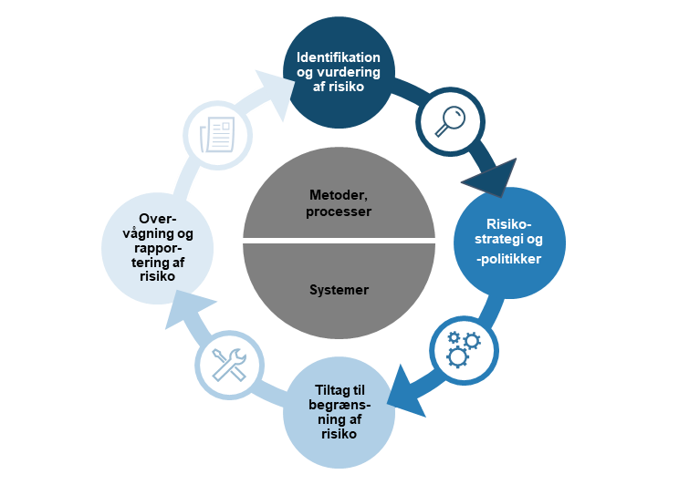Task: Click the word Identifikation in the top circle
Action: click(x=339, y=57)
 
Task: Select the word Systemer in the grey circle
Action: click(x=339, y=290)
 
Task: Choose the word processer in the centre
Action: click(x=339, y=211)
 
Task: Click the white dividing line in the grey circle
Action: click(x=339, y=241)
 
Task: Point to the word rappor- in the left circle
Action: click(x=157, y=249)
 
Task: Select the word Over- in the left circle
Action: click(x=157, y=219)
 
